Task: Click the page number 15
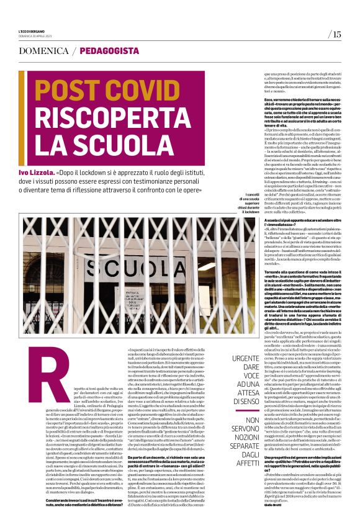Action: pyautogui.click(x=336, y=34)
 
